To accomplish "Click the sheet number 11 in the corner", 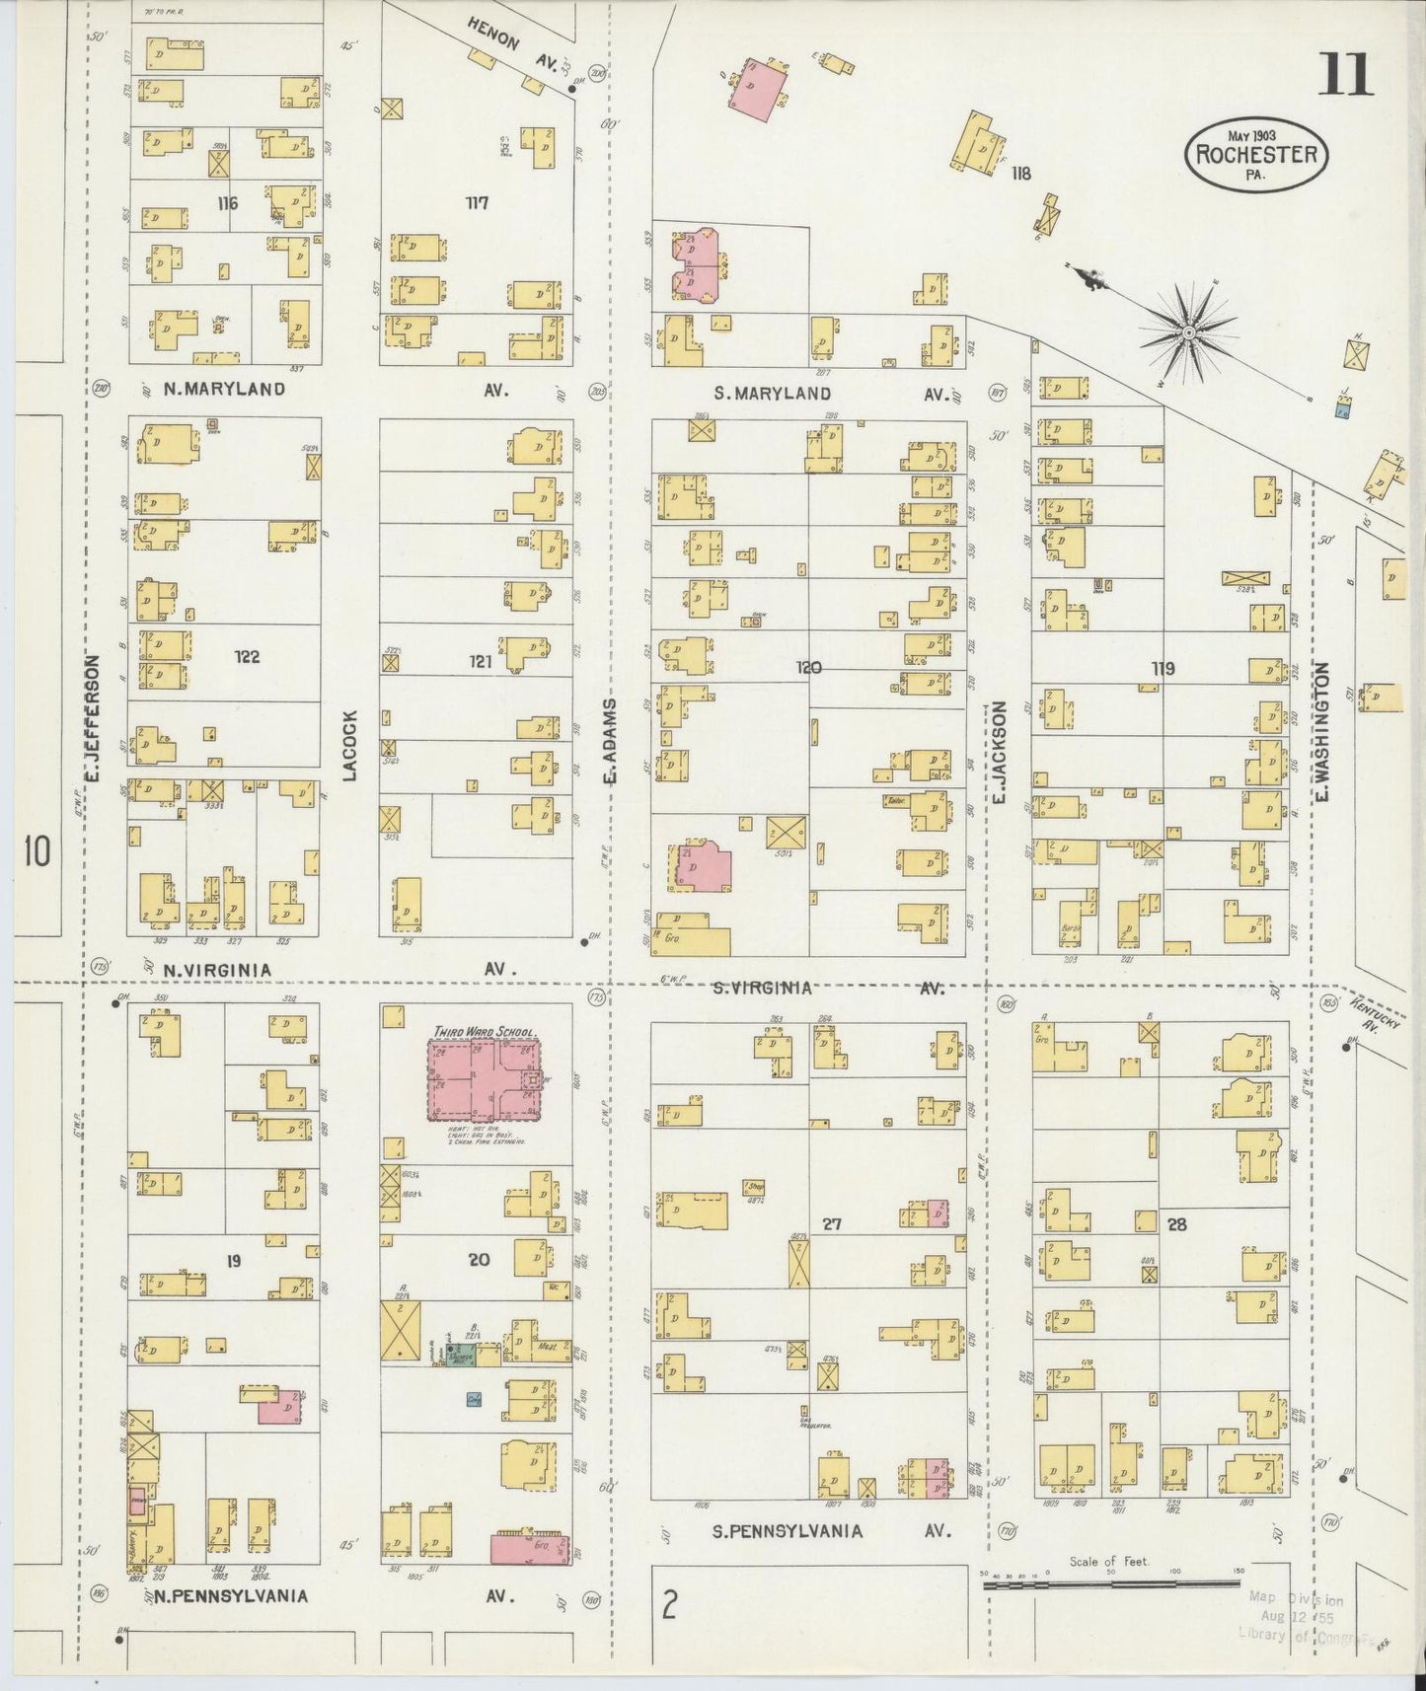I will pos(1345,74).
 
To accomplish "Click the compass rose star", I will pos(1189,333).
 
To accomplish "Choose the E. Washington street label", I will pos(1323,730).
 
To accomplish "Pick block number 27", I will pos(832,1224).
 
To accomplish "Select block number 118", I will pos(1020,174).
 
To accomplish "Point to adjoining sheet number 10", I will pos(38,850).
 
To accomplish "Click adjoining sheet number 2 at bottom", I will pos(669,1607).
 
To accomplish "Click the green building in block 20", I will pos(460,1355).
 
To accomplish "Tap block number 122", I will pos(246,656).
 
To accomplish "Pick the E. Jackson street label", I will pos(998,750).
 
